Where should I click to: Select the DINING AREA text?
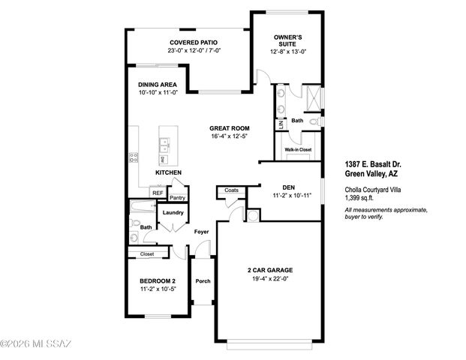tap(158, 84)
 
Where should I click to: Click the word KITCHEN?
tap(169, 172)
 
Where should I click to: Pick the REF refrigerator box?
tap(158, 193)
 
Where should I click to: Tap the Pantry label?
tap(178, 197)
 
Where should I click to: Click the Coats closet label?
tap(232, 190)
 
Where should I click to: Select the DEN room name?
tap(288, 187)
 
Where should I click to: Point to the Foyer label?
tap(201, 232)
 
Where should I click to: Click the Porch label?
tap(203, 281)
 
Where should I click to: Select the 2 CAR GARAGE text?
tap(269, 270)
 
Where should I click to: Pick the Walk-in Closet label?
tap(298, 150)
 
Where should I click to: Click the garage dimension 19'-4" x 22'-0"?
tap(269, 279)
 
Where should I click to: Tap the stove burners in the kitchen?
tap(134, 157)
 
